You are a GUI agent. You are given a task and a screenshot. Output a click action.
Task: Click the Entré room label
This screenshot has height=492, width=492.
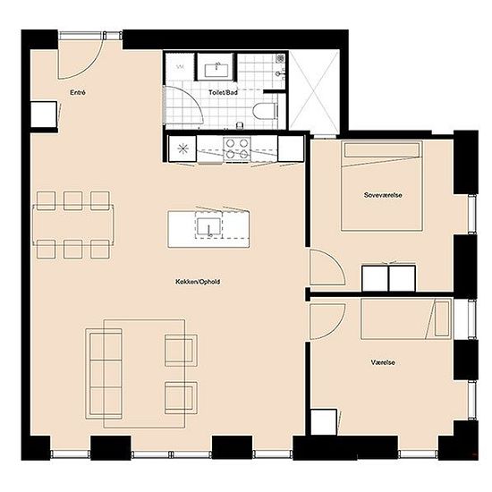tap(78, 92)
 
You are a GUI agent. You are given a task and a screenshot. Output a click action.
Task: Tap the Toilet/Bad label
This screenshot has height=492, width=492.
tap(223, 92)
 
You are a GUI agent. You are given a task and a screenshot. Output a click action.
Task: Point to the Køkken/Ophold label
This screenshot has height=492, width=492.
tap(198, 282)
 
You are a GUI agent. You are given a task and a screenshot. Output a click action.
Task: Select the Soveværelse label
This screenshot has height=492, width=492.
tap(383, 195)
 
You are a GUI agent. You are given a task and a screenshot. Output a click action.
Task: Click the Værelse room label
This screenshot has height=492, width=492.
tap(383, 362)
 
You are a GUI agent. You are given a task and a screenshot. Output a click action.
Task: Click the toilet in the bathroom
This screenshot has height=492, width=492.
tap(265, 111)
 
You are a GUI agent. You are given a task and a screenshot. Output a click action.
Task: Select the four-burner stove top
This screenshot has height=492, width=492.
tap(237, 148)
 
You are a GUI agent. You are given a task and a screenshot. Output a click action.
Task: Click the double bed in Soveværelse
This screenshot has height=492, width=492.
tap(382, 186)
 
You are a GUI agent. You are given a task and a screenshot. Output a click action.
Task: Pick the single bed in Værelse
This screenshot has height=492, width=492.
tap(406, 318)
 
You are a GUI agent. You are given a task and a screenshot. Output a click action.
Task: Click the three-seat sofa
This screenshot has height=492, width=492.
tap(104, 374)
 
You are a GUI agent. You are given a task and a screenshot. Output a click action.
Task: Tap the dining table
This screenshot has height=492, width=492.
tap(73, 225)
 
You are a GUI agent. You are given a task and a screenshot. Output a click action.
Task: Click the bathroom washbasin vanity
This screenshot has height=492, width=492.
tap(216, 66)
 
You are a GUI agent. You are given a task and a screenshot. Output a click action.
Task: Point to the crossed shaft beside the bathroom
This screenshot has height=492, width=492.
tap(314, 90)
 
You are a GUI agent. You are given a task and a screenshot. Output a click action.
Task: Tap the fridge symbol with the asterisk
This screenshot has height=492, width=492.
tap(182, 148)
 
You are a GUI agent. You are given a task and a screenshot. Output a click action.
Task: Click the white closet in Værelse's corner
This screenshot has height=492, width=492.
tap(324, 421)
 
